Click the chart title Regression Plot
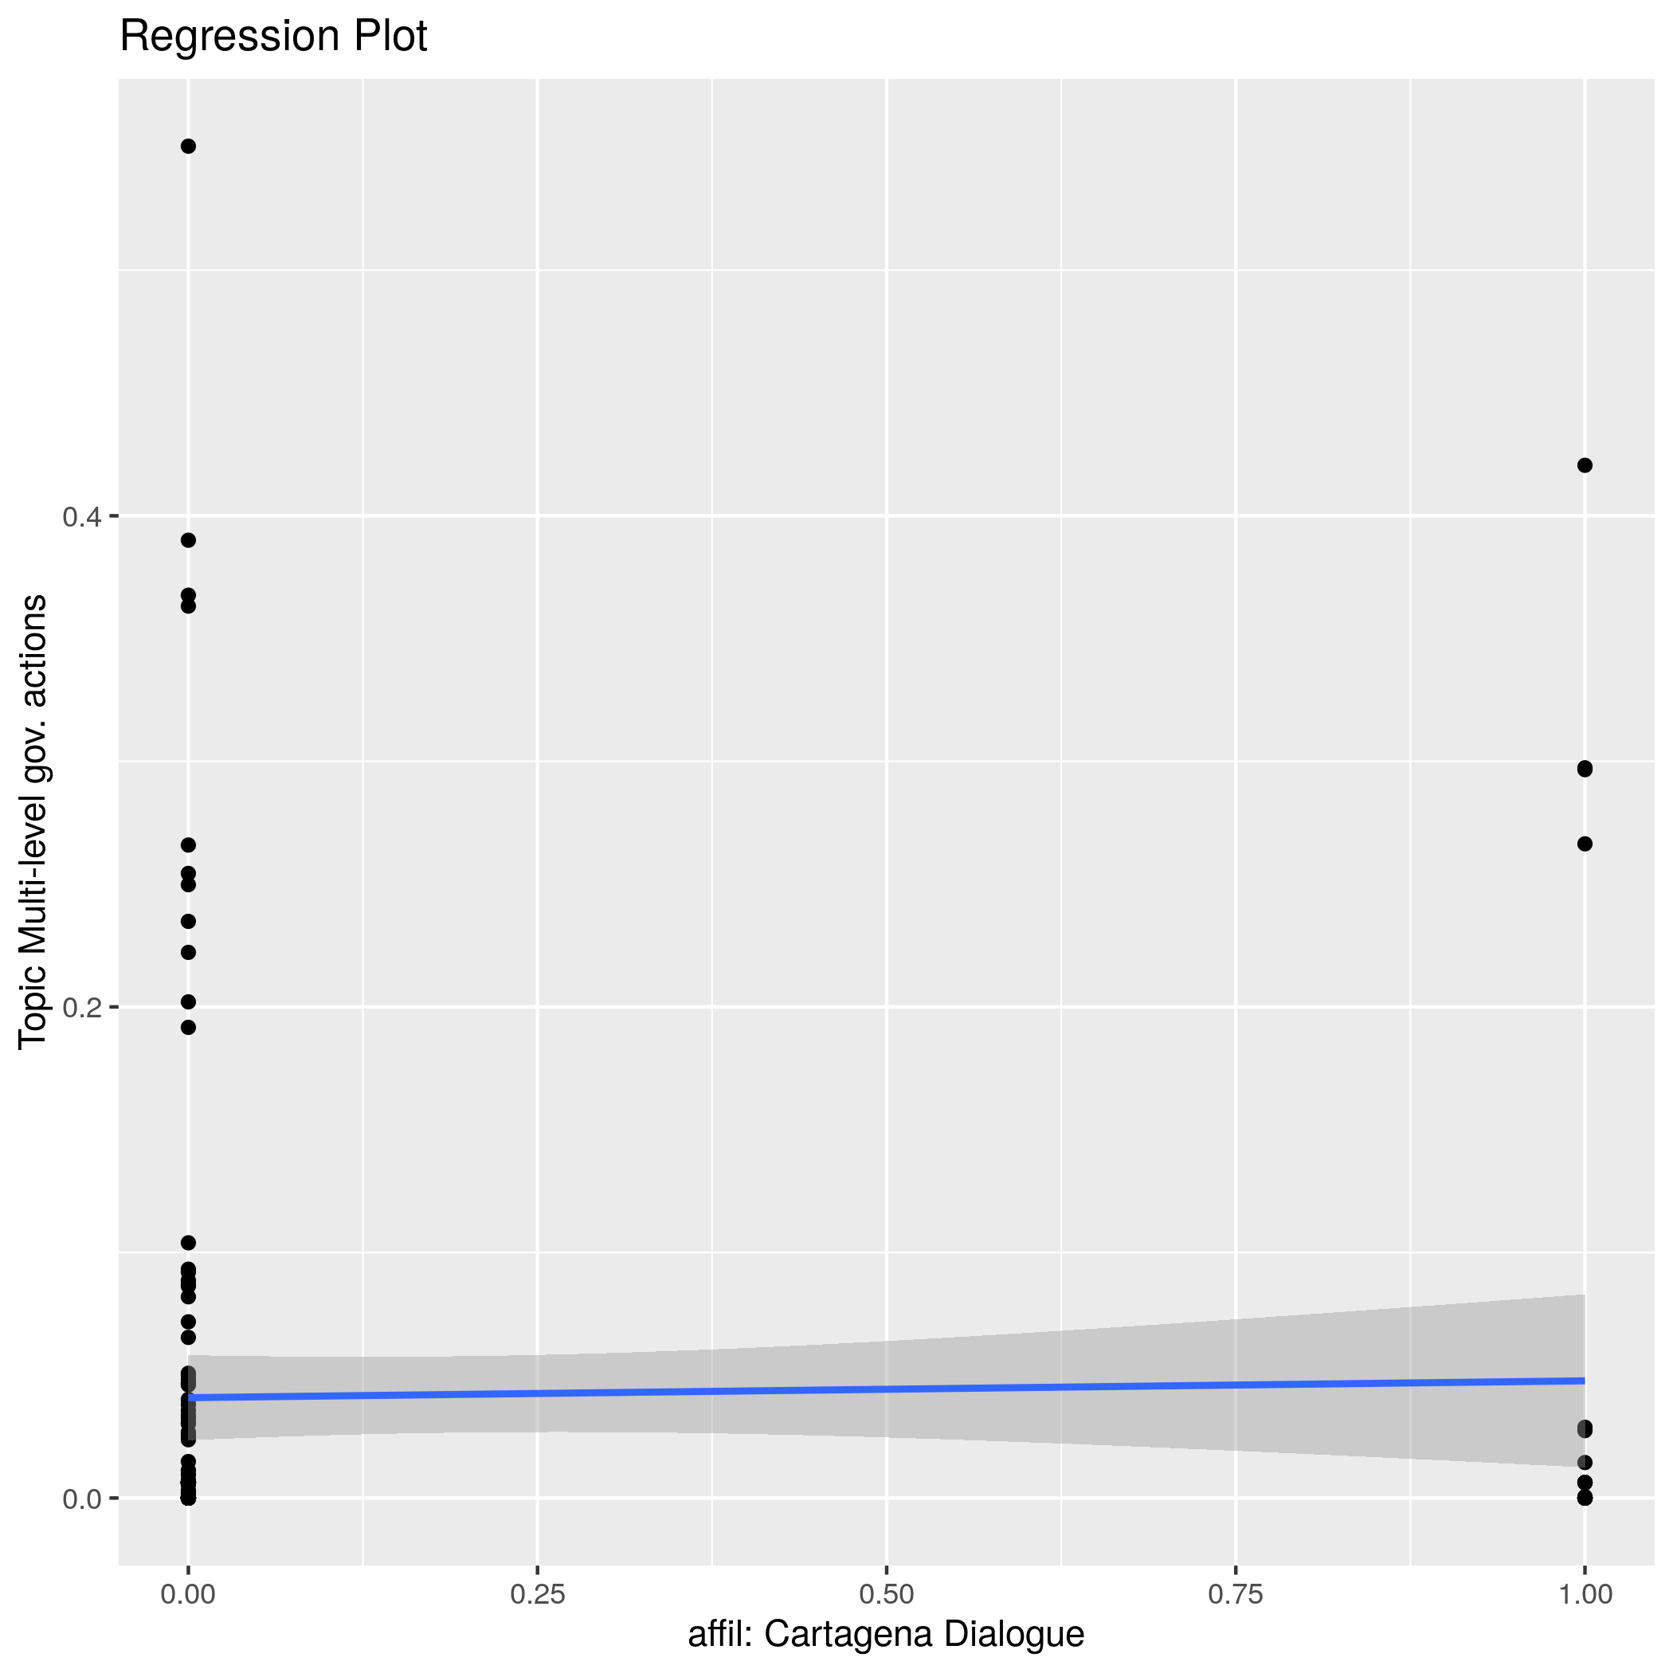click(272, 37)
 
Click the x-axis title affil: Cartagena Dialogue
click(886, 1634)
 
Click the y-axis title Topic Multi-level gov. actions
click(33, 821)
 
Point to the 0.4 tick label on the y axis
click(80, 517)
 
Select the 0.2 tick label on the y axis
click(80, 1007)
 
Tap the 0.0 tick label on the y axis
click(80, 1498)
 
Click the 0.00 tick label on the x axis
click(188, 1594)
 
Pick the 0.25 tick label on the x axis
click(538, 1594)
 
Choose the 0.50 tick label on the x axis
click(887, 1594)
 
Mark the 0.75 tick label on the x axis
click(1236, 1594)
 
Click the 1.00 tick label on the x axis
click(1585, 1594)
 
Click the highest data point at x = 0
click(188, 147)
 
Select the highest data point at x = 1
click(1585, 466)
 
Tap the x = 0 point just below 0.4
click(188, 540)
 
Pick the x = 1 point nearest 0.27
click(1585, 844)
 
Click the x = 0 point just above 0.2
click(188, 1002)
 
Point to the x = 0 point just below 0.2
click(188, 1028)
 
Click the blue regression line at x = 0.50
click(887, 1389)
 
